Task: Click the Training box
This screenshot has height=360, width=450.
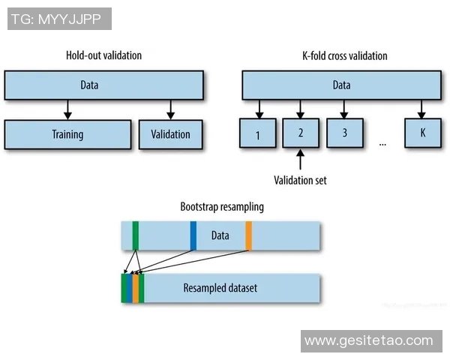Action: pos(67,135)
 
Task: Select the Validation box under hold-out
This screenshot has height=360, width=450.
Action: pos(170,135)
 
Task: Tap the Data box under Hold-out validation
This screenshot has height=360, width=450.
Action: pos(103,85)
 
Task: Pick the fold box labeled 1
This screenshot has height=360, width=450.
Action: pos(258,135)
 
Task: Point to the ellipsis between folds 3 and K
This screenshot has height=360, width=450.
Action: pos(383,142)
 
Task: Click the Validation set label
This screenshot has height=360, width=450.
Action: pos(300,180)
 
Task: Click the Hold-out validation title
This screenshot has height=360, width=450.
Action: pos(103,55)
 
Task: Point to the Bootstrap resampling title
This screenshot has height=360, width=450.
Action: pos(222,206)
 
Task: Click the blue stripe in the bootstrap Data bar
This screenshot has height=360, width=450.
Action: pos(193,235)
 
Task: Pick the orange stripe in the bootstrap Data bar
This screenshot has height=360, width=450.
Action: pos(248,235)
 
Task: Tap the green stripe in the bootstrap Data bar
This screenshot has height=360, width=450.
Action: pos(135,235)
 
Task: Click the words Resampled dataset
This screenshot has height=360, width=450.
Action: pos(220,288)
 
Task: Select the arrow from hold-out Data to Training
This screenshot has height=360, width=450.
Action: pos(67,109)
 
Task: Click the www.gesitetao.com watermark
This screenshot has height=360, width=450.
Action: pos(369,340)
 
